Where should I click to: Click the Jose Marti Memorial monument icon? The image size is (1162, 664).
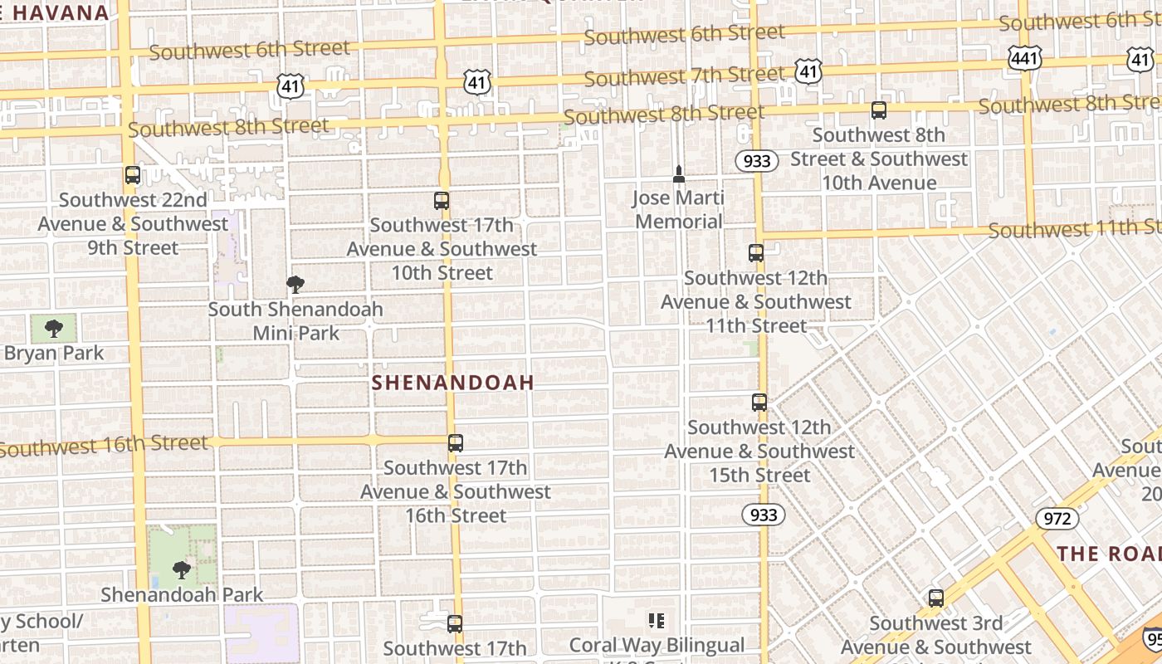pyautogui.click(x=679, y=174)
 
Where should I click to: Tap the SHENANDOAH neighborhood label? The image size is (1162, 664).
pyautogui.click(x=452, y=383)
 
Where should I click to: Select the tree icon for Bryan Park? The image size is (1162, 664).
pyautogui.click(x=54, y=329)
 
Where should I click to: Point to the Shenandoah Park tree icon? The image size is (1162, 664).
pyautogui.click(x=182, y=570)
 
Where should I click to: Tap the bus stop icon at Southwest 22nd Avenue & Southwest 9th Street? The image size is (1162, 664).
pyautogui.click(x=133, y=175)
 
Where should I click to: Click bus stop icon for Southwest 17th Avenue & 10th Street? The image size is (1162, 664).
pyautogui.click(x=442, y=201)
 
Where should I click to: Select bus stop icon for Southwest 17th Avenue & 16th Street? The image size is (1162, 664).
pyautogui.click(x=456, y=443)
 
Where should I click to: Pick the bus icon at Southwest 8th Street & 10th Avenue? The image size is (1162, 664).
pyautogui.click(x=879, y=110)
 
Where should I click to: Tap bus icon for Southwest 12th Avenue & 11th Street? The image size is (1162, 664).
pyautogui.click(x=756, y=253)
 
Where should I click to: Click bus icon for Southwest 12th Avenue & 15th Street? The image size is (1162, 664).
pyautogui.click(x=759, y=403)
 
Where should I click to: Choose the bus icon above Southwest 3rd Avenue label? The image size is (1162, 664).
pyautogui.click(x=936, y=598)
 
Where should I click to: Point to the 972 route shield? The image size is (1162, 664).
pyautogui.click(x=1057, y=519)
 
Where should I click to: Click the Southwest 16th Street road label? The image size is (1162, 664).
pyautogui.click(x=104, y=446)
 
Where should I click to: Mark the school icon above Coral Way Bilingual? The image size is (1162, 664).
pyautogui.click(x=657, y=621)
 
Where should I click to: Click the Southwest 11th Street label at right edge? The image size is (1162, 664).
pyautogui.click(x=1075, y=228)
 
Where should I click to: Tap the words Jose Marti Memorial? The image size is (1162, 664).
pyautogui.click(x=679, y=210)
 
